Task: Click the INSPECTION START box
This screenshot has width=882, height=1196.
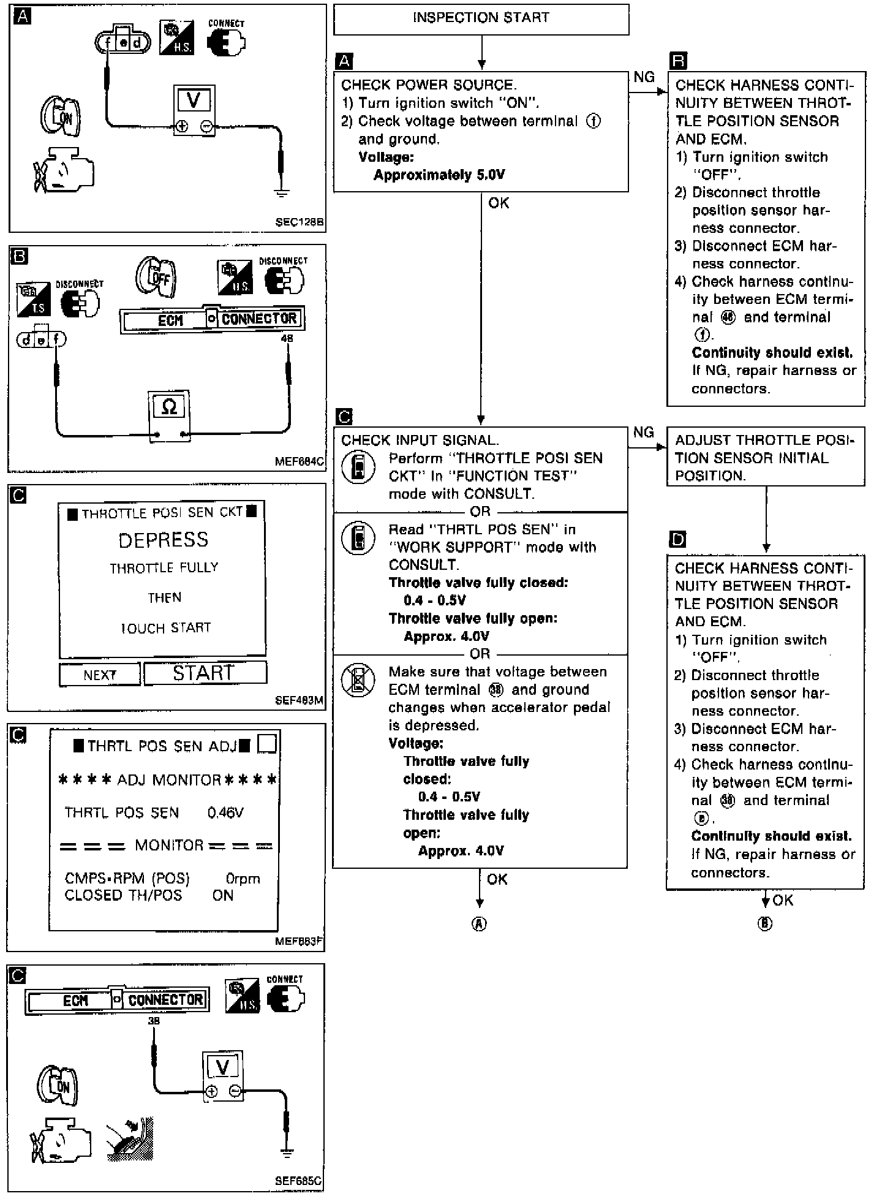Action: pyautogui.click(x=481, y=18)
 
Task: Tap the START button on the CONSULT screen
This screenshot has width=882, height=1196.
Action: pyautogui.click(x=205, y=673)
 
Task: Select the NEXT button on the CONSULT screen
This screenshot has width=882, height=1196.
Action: pyautogui.click(x=100, y=675)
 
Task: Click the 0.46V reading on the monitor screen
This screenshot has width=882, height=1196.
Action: pyautogui.click(x=225, y=813)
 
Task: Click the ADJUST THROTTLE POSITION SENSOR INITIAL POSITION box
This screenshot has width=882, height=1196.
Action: pyautogui.click(x=766, y=458)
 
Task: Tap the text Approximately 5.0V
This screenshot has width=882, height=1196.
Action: pyautogui.click(x=439, y=175)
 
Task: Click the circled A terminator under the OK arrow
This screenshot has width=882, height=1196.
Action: pyautogui.click(x=480, y=924)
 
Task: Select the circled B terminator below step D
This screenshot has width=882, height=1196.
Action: pyautogui.click(x=765, y=924)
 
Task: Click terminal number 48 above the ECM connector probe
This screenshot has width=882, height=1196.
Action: pyautogui.click(x=287, y=338)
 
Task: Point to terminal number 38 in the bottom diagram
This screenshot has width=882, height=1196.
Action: pyautogui.click(x=154, y=1021)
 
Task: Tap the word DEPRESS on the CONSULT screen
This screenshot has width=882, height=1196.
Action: pyautogui.click(x=164, y=540)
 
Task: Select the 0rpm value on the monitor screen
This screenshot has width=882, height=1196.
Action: pyautogui.click(x=243, y=879)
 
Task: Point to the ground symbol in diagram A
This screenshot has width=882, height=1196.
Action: pyautogui.click(x=281, y=192)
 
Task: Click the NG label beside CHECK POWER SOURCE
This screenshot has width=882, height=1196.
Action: pyautogui.click(x=644, y=77)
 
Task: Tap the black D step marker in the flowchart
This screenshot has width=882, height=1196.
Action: pyautogui.click(x=678, y=539)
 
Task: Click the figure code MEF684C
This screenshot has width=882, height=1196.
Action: pyautogui.click(x=300, y=461)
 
